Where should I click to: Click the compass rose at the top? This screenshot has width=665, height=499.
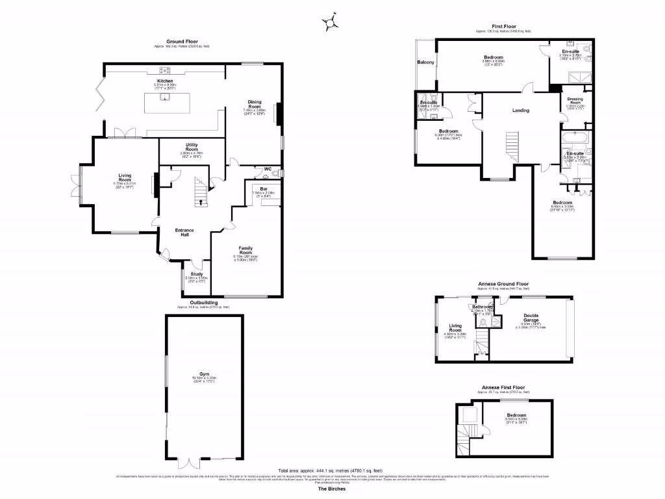pos(331,23)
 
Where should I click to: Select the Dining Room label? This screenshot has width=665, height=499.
pos(254,103)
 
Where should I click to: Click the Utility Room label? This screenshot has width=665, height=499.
pos(192,147)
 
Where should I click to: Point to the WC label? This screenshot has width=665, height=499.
pos(268,170)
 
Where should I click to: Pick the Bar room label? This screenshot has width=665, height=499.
pos(264,188)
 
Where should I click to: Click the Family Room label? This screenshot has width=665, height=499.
pos(245,249)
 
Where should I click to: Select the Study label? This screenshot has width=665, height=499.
pos(197,274)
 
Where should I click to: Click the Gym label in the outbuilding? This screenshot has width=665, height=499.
pos(204,375)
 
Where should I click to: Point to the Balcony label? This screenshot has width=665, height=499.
pos(425,62)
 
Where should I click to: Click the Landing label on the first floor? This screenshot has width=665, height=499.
pos(520,110)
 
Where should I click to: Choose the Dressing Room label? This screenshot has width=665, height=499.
pos(575,101)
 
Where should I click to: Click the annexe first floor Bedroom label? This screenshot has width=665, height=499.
pos(516,415)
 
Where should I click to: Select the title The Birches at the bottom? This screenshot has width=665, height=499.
pos(332,489)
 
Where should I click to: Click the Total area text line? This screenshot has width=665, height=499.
pos(331,470)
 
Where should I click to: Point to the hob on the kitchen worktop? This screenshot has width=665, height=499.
pos(165,70)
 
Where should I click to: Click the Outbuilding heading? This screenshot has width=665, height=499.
pos(204,302)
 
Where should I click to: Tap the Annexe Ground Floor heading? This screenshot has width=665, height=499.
pos(504,284)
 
